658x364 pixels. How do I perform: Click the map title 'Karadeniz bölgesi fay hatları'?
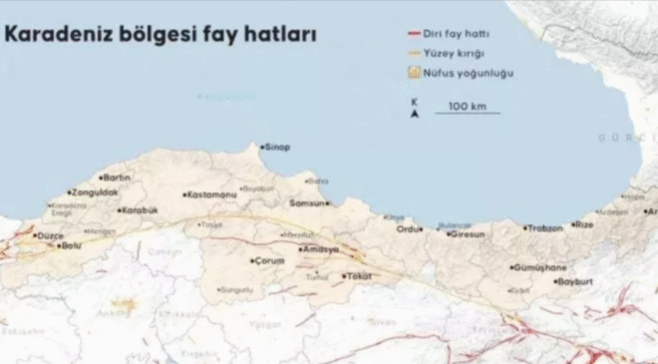pyautogui.click(x=161, y=34)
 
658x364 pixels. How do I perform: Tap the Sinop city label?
pyautogui.click(x=276, y=148)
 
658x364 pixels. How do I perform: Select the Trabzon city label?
pyautogui.click(x=543, y=227)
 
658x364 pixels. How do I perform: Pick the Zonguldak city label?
pyautogui.click(x=96, y=191)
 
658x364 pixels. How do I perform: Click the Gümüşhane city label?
pyautogui.click(x=539, y=268)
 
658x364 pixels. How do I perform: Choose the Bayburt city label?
pyautogui.click(x=577, y=282)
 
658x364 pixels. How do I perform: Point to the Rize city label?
pyautogui.click(x=583, y=225)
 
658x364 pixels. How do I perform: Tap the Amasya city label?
pyautogui.click(x=322, y=248)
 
